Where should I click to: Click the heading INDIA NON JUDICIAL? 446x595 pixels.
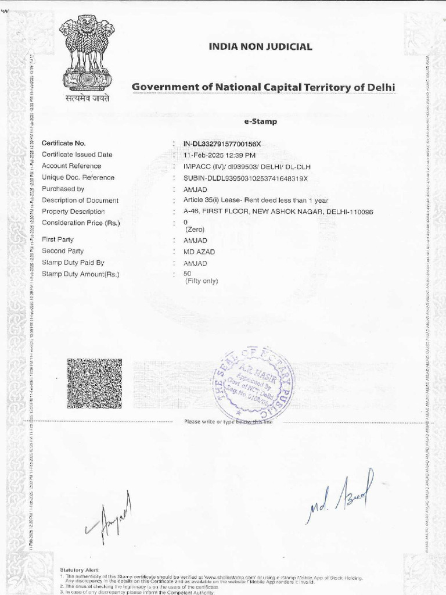[x=260, y=47]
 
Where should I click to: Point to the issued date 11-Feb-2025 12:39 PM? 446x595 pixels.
[x=220, y=155]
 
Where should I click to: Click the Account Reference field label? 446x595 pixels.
[x=71, y=166]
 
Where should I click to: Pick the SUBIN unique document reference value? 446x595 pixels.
[x=245, y=178]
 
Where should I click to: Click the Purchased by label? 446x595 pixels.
[x=63, y=189]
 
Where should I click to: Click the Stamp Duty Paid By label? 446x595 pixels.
[x=73, y=263]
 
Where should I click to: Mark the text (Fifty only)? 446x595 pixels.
[x=201, y=281]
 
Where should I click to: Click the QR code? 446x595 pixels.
[x=87, y=383]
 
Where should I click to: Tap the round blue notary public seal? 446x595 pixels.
[x=253, y=385]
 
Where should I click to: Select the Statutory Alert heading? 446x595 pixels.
[x=80, y=570]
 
